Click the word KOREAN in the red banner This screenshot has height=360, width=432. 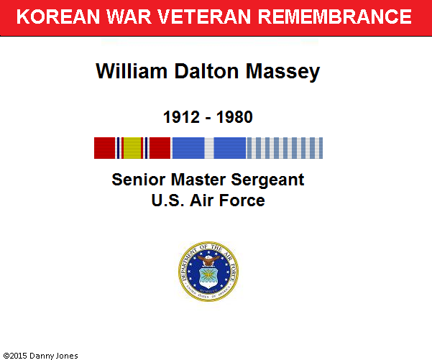58,17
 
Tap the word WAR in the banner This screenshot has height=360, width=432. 129,17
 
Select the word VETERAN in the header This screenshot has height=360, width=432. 204,17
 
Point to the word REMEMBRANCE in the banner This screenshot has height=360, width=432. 335,17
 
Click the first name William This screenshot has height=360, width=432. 132,71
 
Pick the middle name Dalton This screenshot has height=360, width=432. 206,71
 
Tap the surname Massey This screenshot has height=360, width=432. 282,72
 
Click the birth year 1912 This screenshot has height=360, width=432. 181,117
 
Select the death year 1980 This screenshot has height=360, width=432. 234,117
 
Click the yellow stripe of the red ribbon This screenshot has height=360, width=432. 132,148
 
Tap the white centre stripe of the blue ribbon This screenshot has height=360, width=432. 209,148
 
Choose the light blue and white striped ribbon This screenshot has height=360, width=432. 285,148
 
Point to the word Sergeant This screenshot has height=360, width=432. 267,180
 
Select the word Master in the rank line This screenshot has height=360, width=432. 198,180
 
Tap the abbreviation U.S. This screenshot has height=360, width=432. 167,200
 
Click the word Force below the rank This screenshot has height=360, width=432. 242,200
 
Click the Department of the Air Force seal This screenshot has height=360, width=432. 208,272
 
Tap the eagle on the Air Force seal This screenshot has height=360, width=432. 208,260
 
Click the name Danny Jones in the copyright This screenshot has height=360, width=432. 53,356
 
